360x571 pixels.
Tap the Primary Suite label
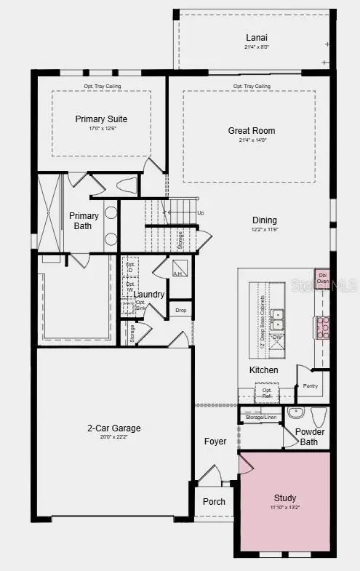[101, 119]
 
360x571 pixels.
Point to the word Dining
[264, 220]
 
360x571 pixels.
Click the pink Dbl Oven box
[321, 279]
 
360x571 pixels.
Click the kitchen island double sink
[277, 319]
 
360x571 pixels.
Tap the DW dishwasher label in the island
[276, 337]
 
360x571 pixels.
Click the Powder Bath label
[309, 436]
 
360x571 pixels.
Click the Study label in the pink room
[285, 498]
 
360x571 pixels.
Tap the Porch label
[214, 502]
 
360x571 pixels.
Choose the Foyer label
[215, 442]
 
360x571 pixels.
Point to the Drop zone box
[180, 310]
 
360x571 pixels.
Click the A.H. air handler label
[177, 273]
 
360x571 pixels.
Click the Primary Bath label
[84, 220]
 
